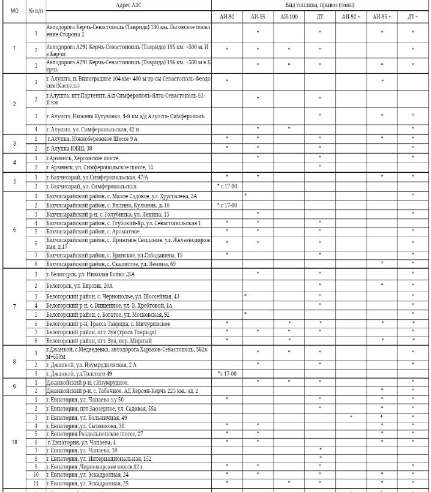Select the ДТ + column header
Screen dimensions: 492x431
[412, 17]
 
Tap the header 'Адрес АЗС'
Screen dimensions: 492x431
[127, 5]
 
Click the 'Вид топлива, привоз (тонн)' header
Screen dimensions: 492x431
[320, 5]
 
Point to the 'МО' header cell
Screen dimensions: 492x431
[14, 11]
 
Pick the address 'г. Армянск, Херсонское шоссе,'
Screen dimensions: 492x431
[79, 157]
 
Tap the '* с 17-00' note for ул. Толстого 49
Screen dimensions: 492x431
[227, 373]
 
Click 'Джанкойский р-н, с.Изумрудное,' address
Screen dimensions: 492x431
[88, 382]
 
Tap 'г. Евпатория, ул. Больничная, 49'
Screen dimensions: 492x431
[86, 417]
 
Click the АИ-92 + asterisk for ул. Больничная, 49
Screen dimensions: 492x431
[351, 417]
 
